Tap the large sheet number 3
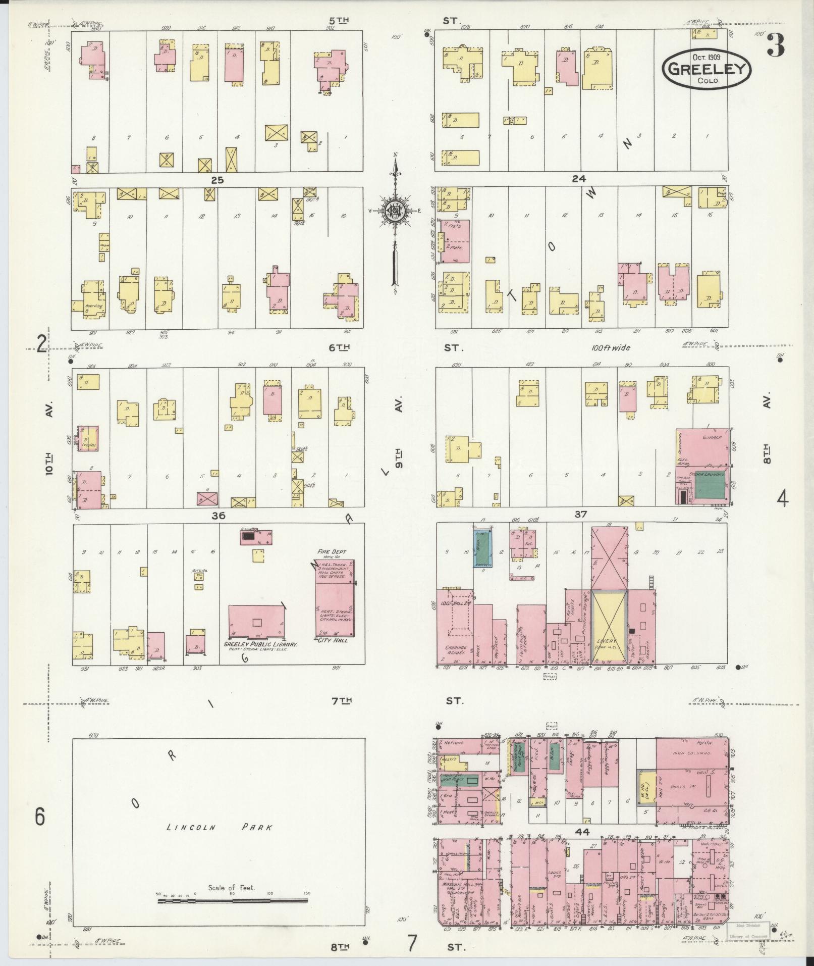tap(775, 45)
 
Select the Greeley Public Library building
tap(256, 622)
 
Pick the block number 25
tap(217, 179)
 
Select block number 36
tap(218, 516)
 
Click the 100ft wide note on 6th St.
tap(611, 348)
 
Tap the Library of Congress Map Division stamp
tap(748, 930)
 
